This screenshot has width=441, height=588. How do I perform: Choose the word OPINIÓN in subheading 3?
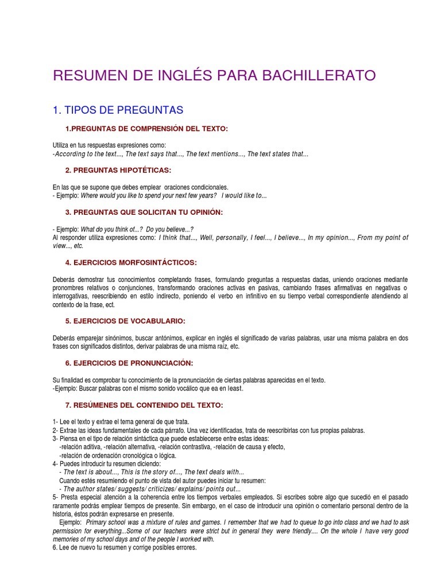202,212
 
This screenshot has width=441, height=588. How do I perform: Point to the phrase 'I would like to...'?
244,196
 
